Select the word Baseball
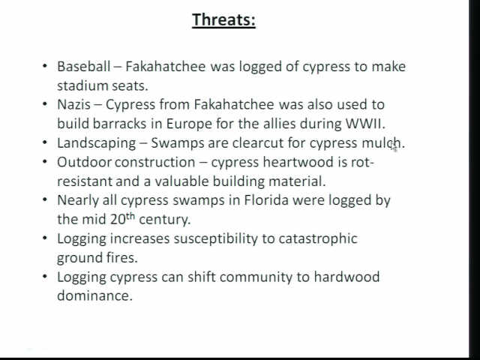[83, 67]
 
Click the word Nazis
[73, 104]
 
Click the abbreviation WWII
[365, 124]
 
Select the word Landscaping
[97, 143]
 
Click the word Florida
[266, 200]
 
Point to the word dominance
[95, 295]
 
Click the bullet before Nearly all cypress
[45, 200]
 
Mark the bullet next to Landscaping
[45, 143]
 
